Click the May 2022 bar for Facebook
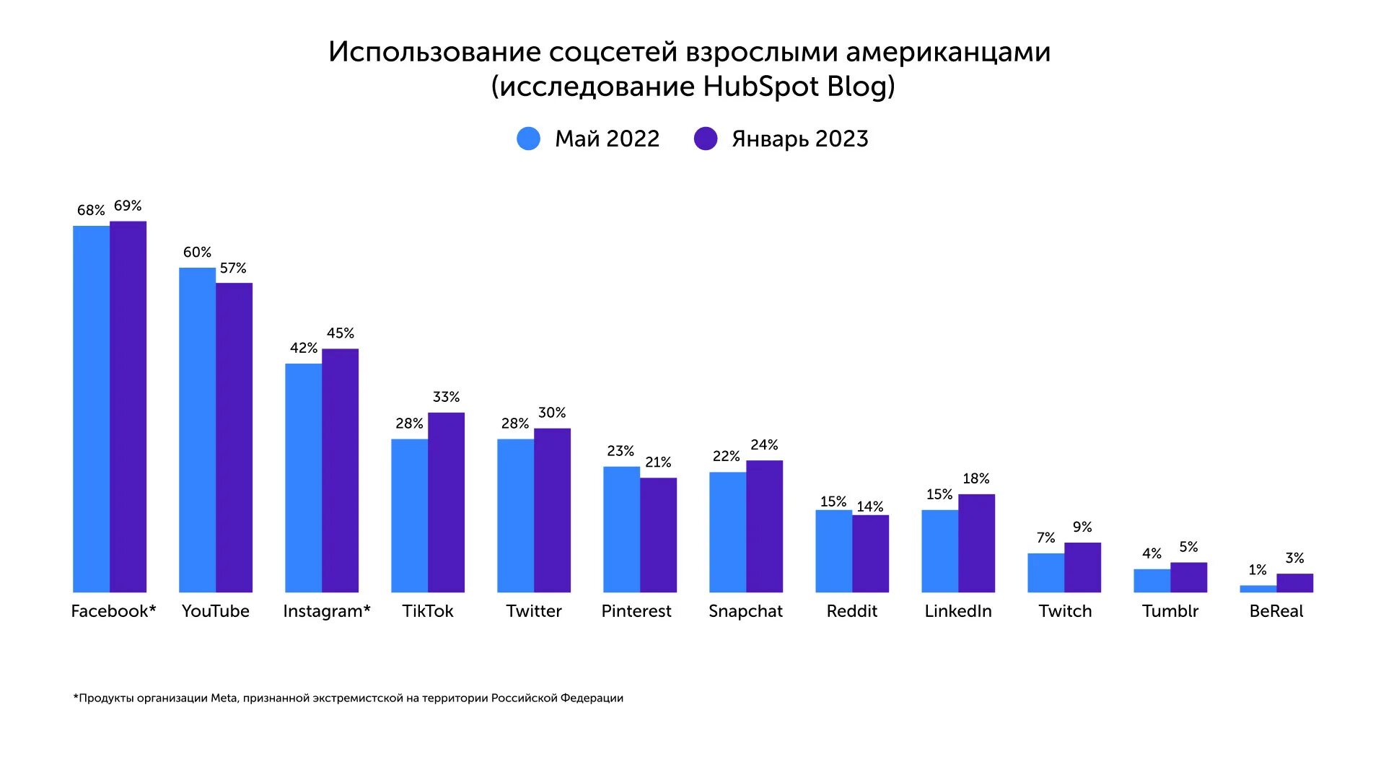point(91,409)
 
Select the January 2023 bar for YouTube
point(234,437)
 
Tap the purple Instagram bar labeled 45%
point(340,470)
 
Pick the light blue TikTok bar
point(409,515)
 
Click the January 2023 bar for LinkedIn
point(976,543)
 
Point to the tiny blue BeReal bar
point(1258,589)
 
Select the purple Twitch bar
point(1082,567)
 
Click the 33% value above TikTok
point(446,397)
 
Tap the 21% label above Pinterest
point(657,462)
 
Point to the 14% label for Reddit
point(869,507)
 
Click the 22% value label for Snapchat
point(726,456)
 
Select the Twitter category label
point(533,611)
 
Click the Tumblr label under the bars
point(1170,611)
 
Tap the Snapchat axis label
point(745,611)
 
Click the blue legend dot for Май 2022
point(528,139)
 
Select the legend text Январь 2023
point(799,139)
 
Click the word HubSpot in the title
point(761,87)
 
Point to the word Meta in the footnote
point(224,698)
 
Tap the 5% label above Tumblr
point(1188,547)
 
